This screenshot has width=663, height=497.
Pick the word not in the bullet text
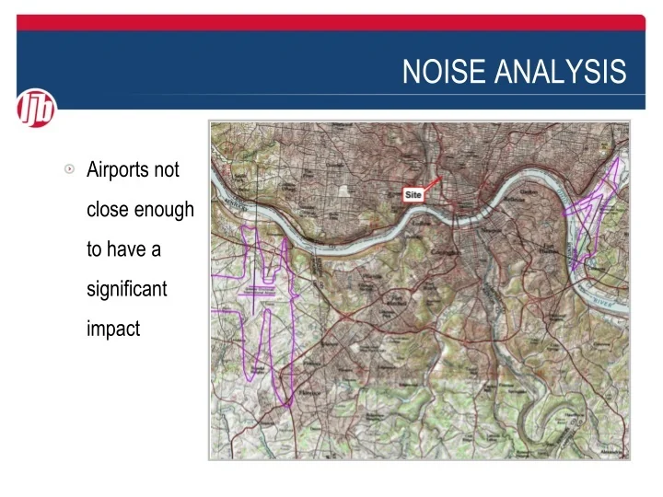169,170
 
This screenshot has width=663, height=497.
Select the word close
107,210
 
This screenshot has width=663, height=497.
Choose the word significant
126,289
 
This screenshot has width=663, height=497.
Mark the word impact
112,329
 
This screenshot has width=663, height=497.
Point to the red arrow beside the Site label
434,185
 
